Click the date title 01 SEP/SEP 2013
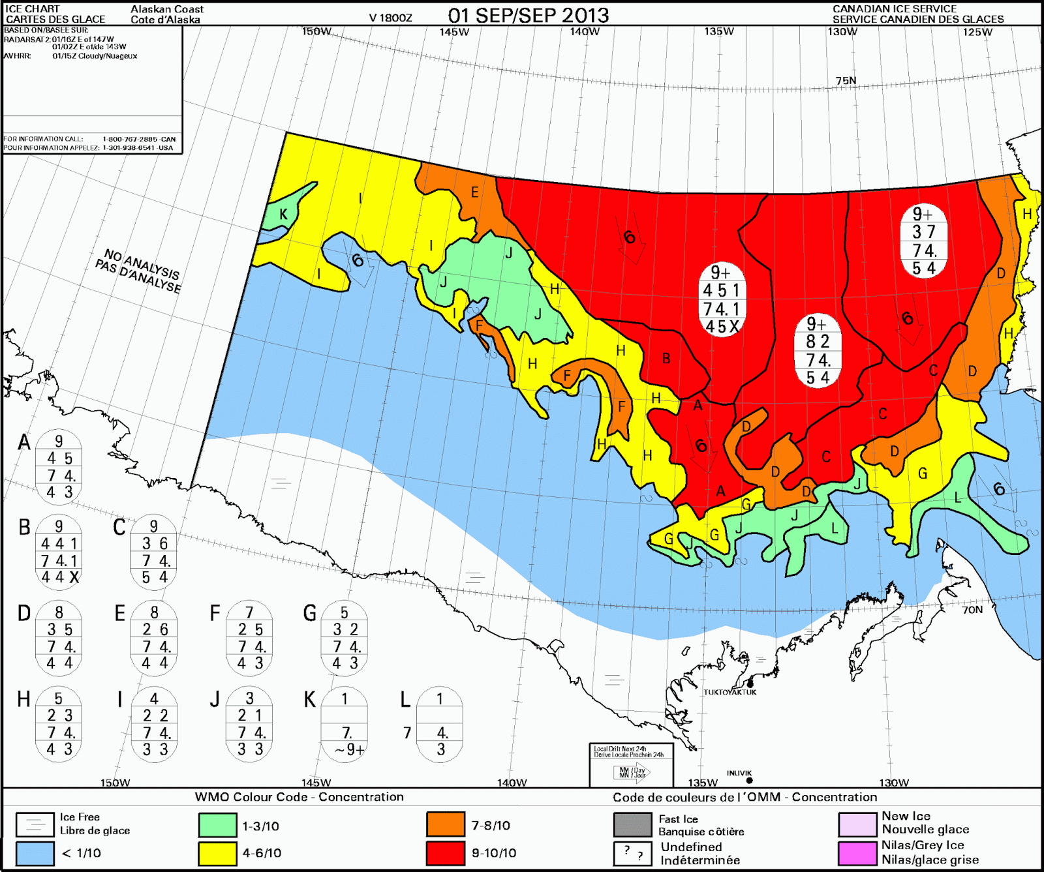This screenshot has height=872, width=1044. (528, 15)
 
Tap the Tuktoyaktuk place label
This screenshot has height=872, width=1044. (729, 692)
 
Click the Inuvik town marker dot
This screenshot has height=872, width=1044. (749, 780)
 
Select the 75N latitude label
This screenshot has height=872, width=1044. (846, 81)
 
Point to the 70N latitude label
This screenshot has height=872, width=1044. (972, 610)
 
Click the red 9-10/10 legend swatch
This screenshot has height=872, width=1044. (446, 852)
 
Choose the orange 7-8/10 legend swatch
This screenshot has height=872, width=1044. (446, 824)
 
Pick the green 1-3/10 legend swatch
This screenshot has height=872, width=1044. (217, 824)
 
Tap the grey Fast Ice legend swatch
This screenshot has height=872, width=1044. (632, 824)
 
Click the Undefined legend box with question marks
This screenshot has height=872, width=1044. (632, 852)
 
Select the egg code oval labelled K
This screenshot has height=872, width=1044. (345, 724)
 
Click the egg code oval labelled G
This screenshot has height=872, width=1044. (345, 638)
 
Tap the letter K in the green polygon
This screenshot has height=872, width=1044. (283, 215)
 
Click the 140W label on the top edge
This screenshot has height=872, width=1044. (584, 31)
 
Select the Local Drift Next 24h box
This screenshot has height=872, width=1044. (630, 764)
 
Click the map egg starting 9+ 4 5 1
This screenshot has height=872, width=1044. (721, 299)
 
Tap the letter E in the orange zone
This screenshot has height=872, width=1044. (474, 192)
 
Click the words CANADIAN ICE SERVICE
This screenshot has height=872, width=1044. (894, 8)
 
